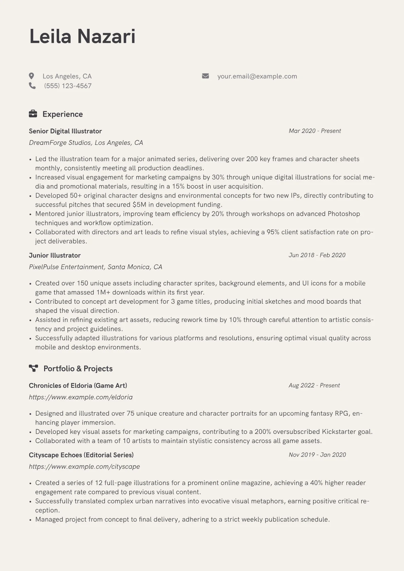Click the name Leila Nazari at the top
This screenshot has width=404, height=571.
pos(82,36)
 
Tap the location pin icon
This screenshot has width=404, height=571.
pos(32,76)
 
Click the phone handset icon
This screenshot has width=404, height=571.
pos(32,86)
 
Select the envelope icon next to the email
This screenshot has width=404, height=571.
pos(205,76)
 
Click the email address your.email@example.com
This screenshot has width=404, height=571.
pos(257,76)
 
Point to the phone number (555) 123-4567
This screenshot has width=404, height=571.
pos(68,86)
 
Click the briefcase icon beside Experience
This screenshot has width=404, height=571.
pos(33,114)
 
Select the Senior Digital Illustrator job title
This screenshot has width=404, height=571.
pos(65,131)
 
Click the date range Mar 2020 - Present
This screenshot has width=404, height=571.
pos(314,131)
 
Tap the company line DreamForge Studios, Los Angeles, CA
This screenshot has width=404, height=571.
pos(86,142)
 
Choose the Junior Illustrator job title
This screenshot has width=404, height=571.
pos(55,255)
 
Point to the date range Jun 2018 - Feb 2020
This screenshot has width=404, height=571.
pos(317,255)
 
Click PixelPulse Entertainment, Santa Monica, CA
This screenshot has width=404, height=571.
pos(95,267)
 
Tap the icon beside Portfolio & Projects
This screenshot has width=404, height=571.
pos(33,368)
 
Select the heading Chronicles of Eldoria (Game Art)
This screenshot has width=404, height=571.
pos(78,385)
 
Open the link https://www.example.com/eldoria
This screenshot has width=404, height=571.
pos(80,397)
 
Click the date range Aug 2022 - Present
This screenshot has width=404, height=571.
pos(314,385)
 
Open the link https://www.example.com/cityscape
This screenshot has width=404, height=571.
pos(84,467)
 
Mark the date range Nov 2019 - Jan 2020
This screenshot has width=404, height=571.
pos(317,455)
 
